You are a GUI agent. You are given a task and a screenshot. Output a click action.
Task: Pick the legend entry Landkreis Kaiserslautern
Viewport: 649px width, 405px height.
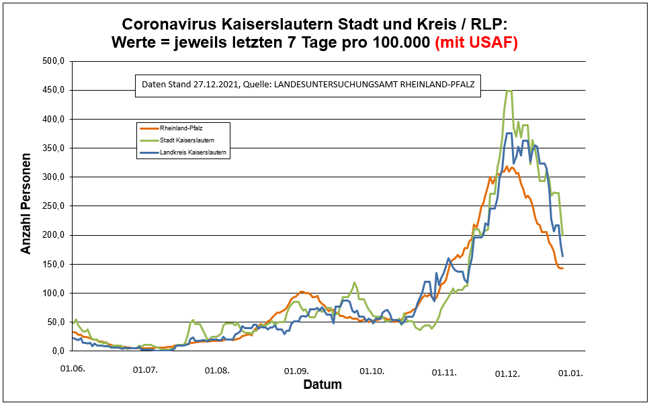(x=192, y=153)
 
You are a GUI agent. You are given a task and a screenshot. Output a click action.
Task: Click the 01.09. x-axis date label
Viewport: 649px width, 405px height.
(x=296, y=370)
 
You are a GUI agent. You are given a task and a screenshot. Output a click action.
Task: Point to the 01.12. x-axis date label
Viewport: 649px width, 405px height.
(x=507, y=373)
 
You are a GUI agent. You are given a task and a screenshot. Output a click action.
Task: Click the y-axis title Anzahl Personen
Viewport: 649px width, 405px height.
(x=26, y=207)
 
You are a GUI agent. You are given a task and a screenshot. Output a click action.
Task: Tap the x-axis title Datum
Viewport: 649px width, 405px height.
(x=322, y=385)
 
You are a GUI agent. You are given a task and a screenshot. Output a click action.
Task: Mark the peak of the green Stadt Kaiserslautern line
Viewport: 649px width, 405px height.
(x=509, y=91)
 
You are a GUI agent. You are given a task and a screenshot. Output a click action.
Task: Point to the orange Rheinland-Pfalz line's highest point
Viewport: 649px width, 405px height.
(x=507, y=166)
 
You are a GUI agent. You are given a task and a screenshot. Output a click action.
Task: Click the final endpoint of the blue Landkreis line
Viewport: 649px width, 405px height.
(x=562, y=256)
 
